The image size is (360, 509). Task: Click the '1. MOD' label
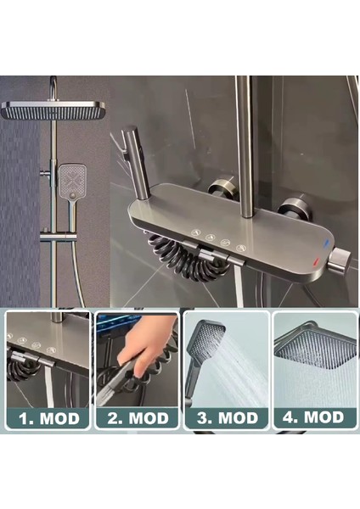(48, 417)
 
